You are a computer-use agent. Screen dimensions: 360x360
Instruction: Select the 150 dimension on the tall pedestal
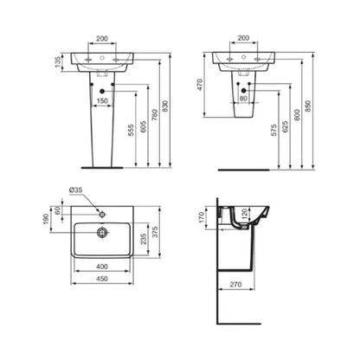coord(103,101)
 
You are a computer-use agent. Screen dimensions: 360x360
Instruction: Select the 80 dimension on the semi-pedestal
coord(243,98)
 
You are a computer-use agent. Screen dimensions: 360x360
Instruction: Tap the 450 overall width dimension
coord(102,280)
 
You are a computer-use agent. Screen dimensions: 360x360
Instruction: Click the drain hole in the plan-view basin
coord(102,232)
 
